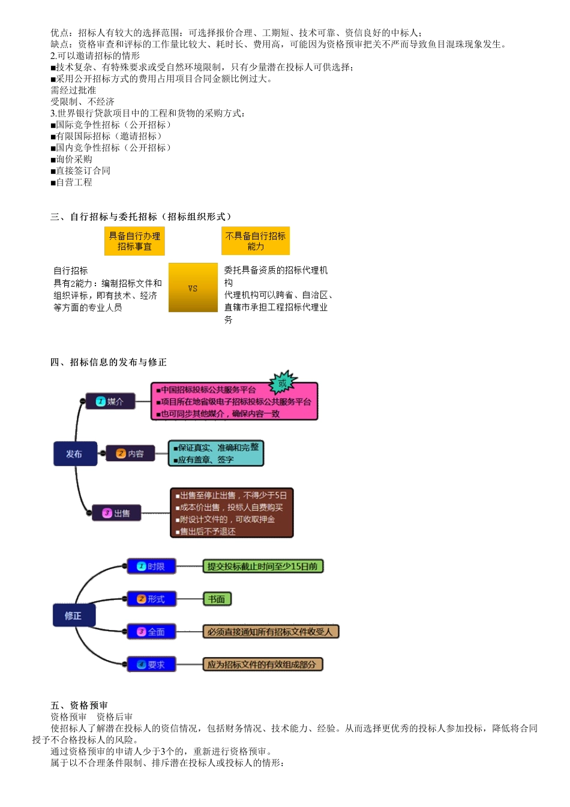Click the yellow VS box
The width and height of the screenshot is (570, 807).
click(193, 287)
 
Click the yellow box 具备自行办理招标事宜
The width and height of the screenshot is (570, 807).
click(134, 241)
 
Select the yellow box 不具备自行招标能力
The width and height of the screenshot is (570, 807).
click(256, 241)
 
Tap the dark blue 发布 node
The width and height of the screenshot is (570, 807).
click(75, 454)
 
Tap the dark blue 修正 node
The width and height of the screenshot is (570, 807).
click(73, 616)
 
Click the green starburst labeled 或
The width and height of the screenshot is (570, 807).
click(283, 382)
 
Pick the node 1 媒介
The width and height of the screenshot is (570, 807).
click(110, 401)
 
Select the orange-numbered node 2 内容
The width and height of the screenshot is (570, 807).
click(130, 454)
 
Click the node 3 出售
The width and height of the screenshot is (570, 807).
click(116, 513)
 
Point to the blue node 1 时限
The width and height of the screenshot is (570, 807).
click(151, 566)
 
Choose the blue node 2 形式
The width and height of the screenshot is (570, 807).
click(151, 599)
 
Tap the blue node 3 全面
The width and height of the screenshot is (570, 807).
click(151, 632)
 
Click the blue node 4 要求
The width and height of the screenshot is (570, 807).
click(151, 664)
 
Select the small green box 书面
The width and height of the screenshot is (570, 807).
click(217, 599)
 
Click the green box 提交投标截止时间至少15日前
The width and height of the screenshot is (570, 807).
click(263, 566)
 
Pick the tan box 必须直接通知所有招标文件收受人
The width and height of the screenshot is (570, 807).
click(271, 632)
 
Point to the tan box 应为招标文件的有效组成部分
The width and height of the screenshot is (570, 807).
click(263, 664)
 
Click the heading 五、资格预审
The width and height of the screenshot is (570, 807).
click(79, 705)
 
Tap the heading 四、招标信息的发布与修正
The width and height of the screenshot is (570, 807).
click(109, 362)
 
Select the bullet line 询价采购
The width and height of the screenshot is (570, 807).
click(72, 159)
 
